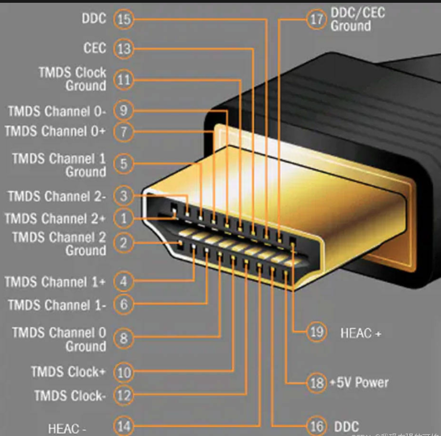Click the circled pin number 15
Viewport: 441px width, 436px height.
124,19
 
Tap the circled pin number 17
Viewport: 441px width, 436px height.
317,19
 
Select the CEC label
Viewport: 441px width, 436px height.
94,48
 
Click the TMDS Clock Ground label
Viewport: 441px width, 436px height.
72,79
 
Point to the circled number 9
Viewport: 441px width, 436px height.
124,111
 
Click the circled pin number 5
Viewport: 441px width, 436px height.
124,164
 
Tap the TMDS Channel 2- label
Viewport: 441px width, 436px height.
57,196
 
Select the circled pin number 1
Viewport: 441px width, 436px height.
124,218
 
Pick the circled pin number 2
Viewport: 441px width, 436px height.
124,243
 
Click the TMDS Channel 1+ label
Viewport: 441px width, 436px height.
55,282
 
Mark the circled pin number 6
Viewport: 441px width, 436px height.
124,304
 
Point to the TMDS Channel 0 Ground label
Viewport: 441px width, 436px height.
59,339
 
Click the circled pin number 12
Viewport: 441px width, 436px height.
124,395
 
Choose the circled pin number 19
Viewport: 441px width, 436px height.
317,332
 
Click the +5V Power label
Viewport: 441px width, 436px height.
359,383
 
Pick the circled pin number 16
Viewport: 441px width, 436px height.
317,426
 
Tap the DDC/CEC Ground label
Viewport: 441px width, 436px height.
357,19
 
